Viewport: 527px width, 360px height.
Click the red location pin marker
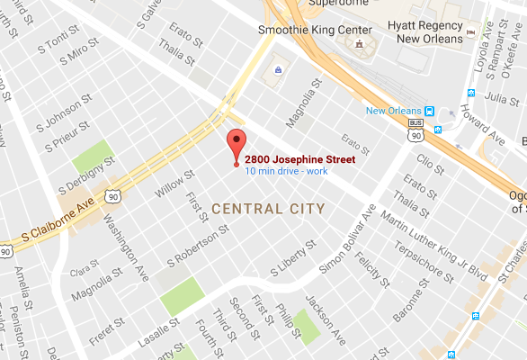coord(237,145)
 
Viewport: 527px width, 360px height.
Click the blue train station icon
coord(430,111)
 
